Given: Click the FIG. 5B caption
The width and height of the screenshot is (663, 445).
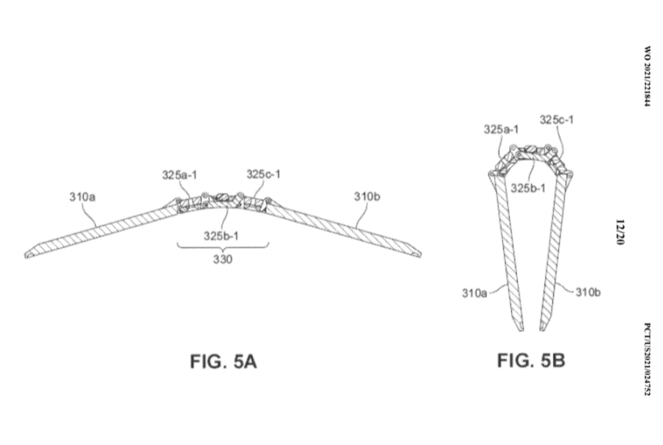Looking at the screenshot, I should pos(531,361).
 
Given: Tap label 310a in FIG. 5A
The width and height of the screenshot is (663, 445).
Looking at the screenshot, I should pos(82,197).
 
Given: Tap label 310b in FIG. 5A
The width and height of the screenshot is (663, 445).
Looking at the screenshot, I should pos(367,197).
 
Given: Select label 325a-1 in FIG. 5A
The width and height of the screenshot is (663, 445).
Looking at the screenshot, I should pos(180,175).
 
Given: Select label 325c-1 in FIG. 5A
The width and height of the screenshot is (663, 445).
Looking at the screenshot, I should pos(263,175).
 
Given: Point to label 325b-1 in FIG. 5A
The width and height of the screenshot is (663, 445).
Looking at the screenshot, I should pos(221,235).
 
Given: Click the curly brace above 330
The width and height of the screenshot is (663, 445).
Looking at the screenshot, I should pos(221,246).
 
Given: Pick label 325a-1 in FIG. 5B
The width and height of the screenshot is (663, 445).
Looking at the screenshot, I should pos(501,130).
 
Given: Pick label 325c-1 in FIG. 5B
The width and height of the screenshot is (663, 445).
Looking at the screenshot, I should pos(557,119).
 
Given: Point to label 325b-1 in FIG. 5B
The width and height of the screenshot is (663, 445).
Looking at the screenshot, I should pos(529,187).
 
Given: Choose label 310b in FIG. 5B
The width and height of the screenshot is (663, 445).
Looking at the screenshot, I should pos(588,292).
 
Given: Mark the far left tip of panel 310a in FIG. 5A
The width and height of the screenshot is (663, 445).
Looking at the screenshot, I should pos(28,255).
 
